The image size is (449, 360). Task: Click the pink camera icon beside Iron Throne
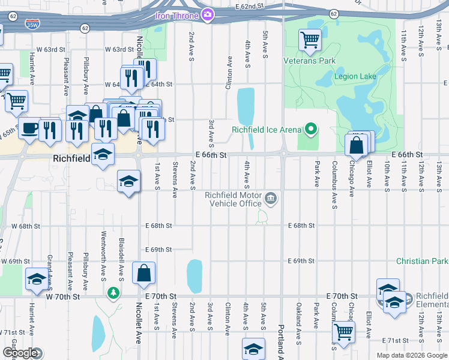tap(208, 14)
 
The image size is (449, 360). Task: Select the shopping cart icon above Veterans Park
tap(310, 40)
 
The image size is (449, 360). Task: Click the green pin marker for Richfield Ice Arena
tap(310, 129)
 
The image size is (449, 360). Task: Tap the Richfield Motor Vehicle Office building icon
tap(271, 198)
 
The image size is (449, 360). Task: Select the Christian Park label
tap(422, 262)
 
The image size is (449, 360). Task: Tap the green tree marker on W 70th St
tap(112, 293)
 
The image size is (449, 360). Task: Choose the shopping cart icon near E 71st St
tap(343, 331)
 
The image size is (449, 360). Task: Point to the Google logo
tap(22, 353)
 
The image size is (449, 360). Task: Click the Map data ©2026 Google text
tap(411, 355)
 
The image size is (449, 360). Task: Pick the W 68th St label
tap(25, 226)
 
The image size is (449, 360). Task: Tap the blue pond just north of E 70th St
tap(194, 276)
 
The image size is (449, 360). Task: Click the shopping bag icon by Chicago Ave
tap(356, 146)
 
